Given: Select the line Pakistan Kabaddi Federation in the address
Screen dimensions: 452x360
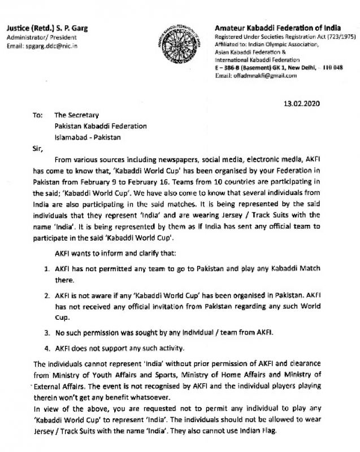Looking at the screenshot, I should click(x=100, y=126).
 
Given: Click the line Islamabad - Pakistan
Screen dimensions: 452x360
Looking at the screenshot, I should click(x=90, y=137).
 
